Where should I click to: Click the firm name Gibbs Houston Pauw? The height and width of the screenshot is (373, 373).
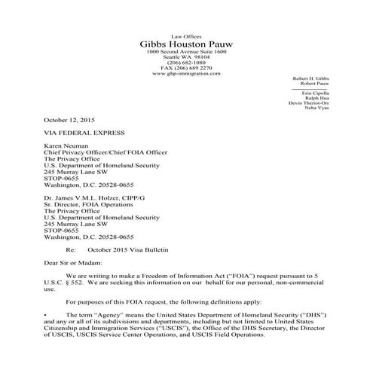pyautogui.click(x=186, y=44)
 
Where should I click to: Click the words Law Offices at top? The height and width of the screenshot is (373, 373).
pyautogui.click(x=186, y=35)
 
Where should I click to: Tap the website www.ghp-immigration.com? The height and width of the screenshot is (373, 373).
pyautogui.click(x=186, y=74)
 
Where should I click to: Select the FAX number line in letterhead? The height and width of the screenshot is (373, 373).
pyautogui.click(x=186, y=69)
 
